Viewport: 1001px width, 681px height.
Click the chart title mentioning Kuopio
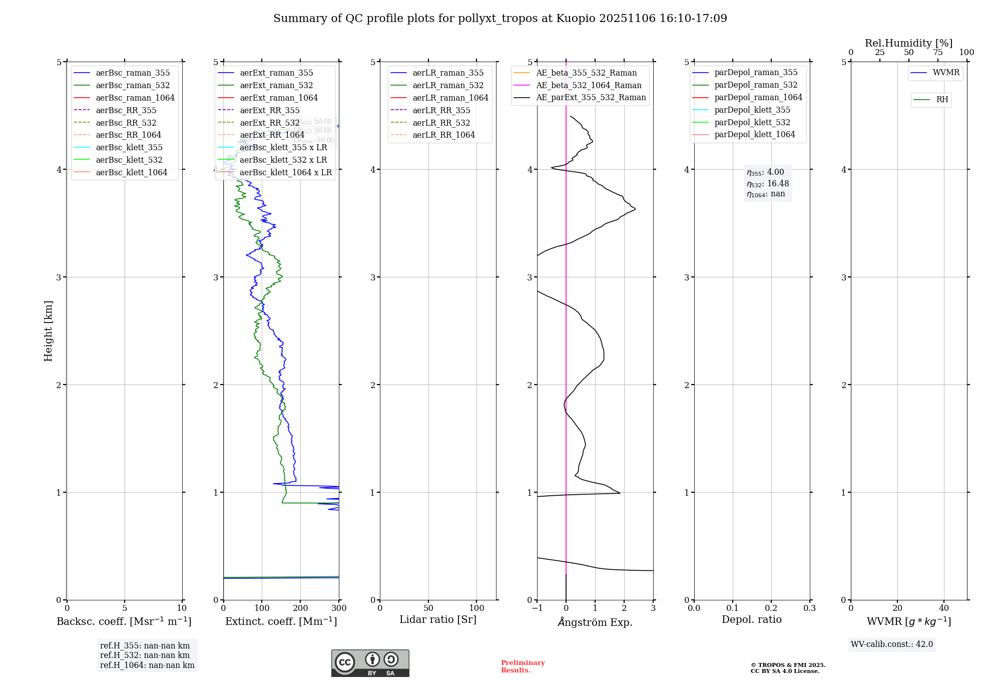point(500,19)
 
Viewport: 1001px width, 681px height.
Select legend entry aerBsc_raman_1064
point(135,98)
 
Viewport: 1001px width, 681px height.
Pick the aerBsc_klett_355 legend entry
point(129,147)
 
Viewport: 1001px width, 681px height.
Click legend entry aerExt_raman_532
point(276,85)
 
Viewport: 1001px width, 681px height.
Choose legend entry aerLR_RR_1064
point(443,135)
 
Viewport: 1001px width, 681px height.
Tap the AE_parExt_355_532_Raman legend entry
point(591,97)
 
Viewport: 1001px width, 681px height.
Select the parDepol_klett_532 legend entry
point(752,122)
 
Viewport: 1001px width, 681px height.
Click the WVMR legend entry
point(946,73)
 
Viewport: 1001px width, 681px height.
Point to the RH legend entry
point(942,100)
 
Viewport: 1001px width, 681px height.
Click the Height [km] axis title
point(48,330)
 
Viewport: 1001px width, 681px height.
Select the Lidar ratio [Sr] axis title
point(438,619)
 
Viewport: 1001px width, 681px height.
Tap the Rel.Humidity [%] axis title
point(908,43)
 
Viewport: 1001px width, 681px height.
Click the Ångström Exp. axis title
point(595,622)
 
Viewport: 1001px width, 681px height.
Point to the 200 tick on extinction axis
point(300,608)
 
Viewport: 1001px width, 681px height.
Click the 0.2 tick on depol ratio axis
point(771,608)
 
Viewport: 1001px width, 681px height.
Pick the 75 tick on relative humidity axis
point(937,53)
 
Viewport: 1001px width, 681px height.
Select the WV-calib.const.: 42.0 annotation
point(892,644)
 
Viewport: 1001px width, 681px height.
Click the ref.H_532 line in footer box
point(145,655)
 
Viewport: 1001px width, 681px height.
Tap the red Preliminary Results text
point(523,666)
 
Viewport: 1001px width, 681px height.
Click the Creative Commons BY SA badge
point(370,663)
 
